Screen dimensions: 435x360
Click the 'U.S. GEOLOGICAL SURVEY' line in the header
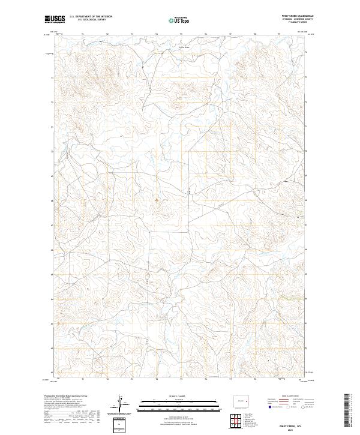point(87,20)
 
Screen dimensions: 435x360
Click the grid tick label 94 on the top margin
point(157,34)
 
